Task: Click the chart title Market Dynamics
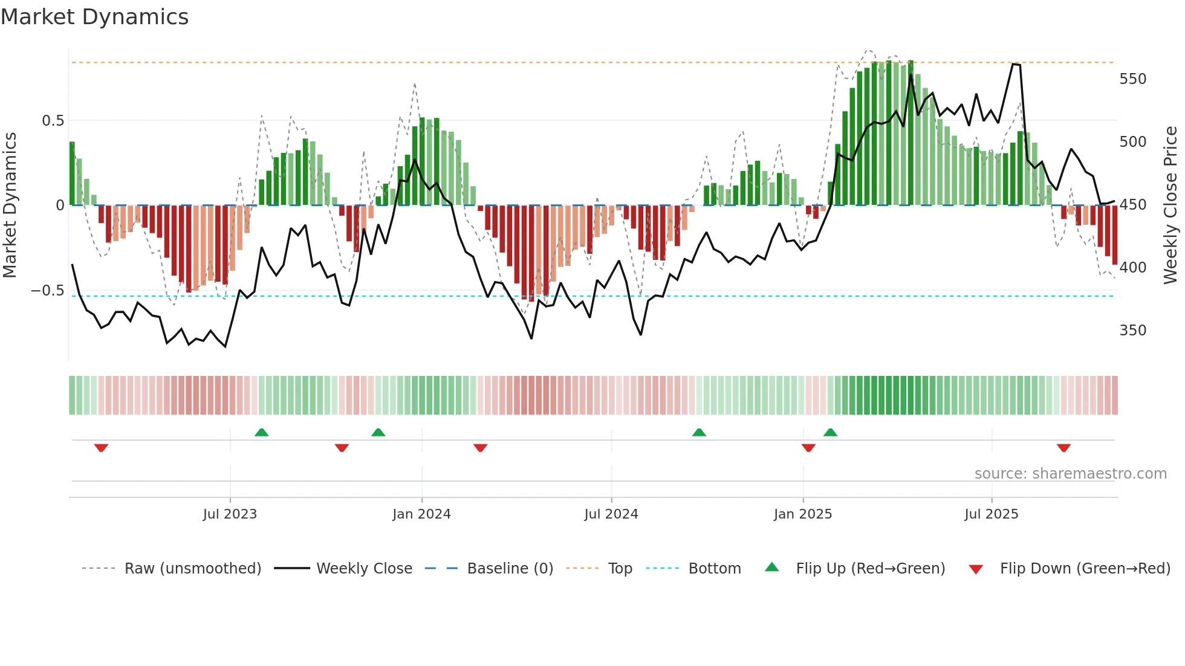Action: [x=95, y=17]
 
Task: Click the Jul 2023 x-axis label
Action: [x=230, y=514]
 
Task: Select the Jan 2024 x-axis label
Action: [x=421, y=514]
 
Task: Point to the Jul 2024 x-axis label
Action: [x=611, y=514]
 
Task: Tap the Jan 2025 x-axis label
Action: [x=803, y=514]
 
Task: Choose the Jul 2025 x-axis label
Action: [x=992, y=514]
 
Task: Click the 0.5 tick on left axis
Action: [x=53, y=121]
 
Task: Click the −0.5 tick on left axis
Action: [x=48, y=291]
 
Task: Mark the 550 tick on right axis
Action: [x=1132, y=79]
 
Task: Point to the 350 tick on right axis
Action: [x=1132, y=331]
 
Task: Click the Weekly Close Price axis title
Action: [x=1170, y=205]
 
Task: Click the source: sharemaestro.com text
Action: [x=1070, y=474]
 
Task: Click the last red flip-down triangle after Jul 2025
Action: [x=1064, y=448]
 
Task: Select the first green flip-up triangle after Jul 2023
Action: [x=261, y=432]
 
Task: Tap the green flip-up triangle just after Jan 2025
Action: [x=830, y=432]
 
